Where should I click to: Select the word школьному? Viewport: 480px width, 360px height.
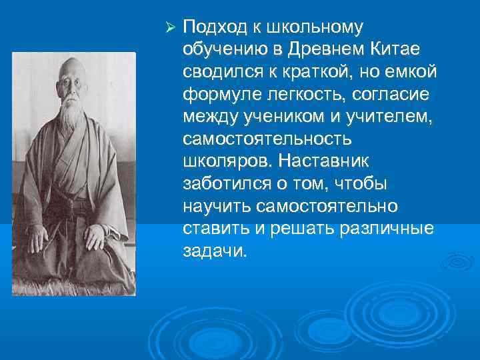tap(315, 28)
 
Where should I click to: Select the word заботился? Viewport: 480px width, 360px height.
tap(223, 183)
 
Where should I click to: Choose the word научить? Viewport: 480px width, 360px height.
tap(213, 205)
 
